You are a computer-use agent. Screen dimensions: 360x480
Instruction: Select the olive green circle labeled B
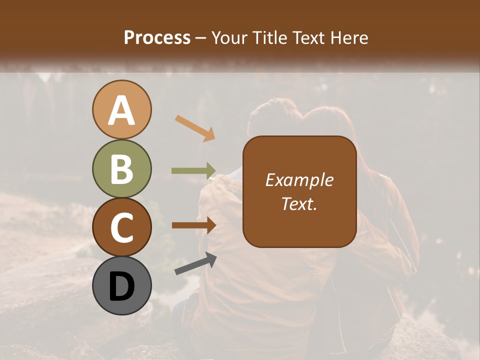121,169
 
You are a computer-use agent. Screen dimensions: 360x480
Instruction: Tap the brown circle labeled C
121,227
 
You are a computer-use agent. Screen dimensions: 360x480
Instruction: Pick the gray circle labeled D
121,285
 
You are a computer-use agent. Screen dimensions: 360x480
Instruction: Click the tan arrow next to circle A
195,127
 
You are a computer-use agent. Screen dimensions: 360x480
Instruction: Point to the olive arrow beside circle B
193,171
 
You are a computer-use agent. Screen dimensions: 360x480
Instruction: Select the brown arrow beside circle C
193,225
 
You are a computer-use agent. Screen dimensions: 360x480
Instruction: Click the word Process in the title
157,38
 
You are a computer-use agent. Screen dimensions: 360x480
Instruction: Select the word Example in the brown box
299,180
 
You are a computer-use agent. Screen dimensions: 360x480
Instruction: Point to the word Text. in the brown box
299,203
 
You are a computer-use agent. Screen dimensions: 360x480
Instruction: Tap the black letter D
121,286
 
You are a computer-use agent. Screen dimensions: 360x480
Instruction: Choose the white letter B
121,169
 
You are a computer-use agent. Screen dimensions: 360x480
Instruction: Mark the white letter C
121,228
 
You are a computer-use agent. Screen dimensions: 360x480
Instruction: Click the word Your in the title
230,38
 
